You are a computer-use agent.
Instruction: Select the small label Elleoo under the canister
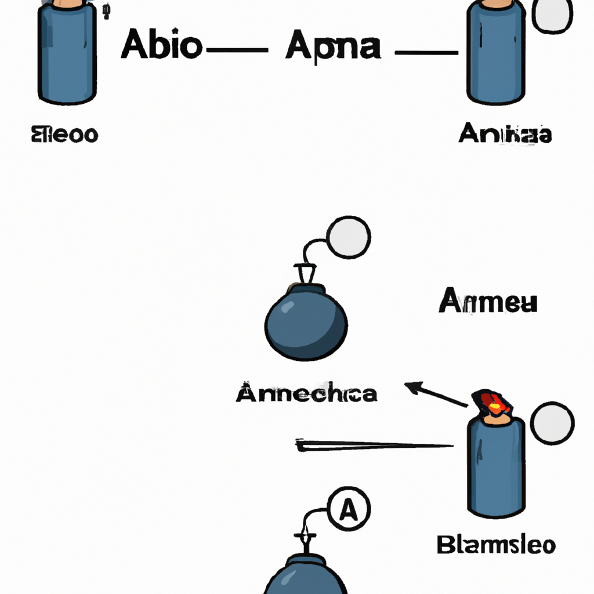[x=64, y=135]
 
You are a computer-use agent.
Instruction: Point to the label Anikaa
[x=505, y=135]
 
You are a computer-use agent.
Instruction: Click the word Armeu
[x=488, y=302]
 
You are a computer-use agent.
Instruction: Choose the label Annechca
[x=306, y=394]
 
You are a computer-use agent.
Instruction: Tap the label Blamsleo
[x=496, y=545]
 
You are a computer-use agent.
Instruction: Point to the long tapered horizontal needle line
[x=374, y=445]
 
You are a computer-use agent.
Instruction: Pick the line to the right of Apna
[x=426, y=53]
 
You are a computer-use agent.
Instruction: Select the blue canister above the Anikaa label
[x=496, y=55]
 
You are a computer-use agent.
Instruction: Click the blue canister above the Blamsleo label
[x=496, y=467]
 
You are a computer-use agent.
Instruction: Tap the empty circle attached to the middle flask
[x=348, y=237]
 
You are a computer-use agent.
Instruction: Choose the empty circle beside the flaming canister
[x=552, y=422]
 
